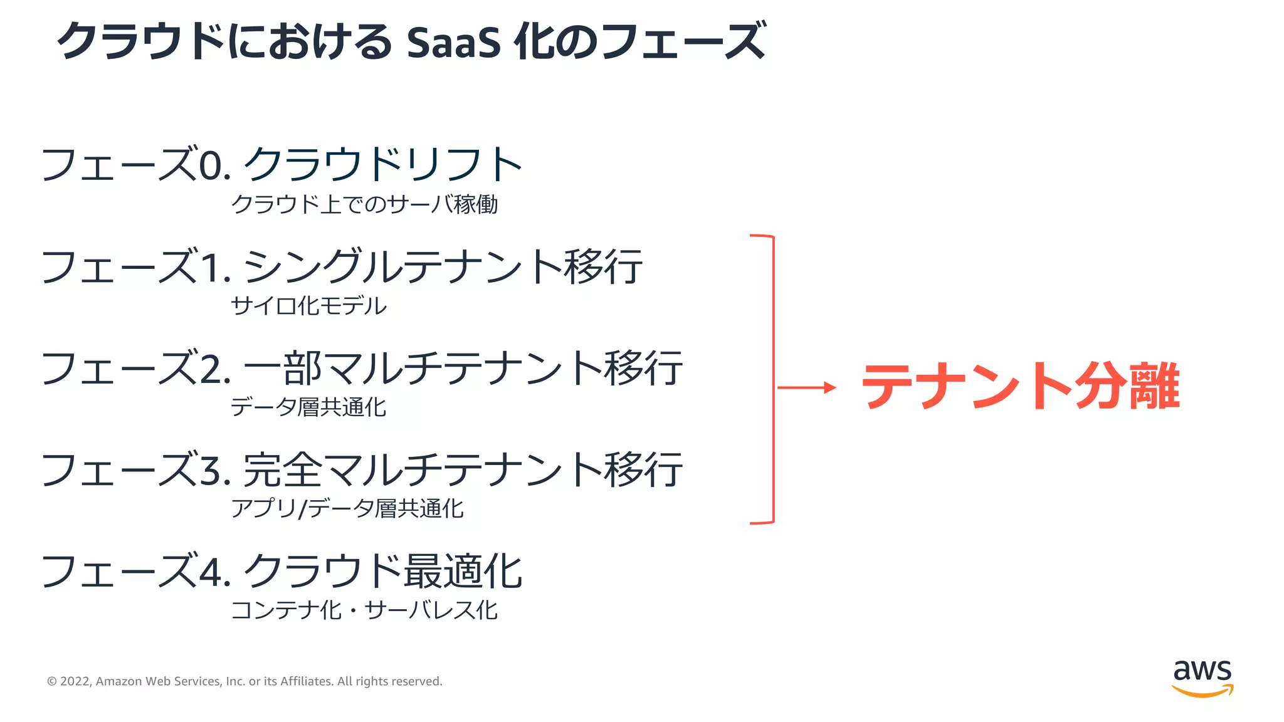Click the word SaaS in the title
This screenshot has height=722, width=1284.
click(x=453, y=43)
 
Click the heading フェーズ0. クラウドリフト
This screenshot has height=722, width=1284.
click(x=282, y=164)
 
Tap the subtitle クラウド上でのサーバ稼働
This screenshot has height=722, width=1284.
click(x=364, y=204)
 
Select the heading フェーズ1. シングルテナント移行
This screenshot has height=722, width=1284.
click(x=342, y=266)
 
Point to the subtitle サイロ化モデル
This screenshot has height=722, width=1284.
click(x=308, y=306)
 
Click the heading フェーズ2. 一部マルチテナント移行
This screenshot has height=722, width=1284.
click(x=362, y=368)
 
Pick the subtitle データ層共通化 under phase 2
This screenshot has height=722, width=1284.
click(x=308, y=407)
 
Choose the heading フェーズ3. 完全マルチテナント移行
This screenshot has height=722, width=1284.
click(x=362, y=469)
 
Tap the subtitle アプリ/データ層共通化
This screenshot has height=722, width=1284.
click(x=347, y=508)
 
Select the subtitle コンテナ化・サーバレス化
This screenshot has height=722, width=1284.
click(x=364, y=610)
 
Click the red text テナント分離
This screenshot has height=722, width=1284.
click(x=1021, y=387)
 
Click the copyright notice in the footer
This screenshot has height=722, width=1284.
click(x=245, y=681)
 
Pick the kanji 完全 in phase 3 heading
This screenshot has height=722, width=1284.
click(x=282, y=470)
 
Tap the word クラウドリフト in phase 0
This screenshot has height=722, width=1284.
click(x=382, y=164)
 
